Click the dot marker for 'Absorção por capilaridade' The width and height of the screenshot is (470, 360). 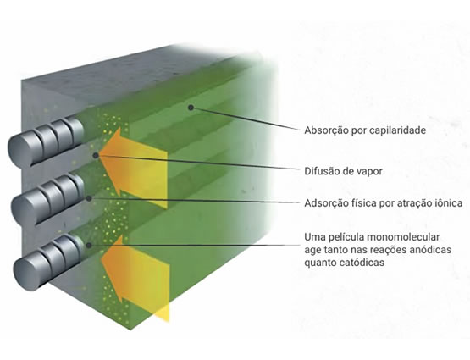191,108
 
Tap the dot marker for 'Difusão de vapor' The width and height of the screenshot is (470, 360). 96,155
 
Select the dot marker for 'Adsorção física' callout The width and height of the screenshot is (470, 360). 89,198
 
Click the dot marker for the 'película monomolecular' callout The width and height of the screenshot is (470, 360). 89,245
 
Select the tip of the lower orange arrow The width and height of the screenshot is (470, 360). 100,258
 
